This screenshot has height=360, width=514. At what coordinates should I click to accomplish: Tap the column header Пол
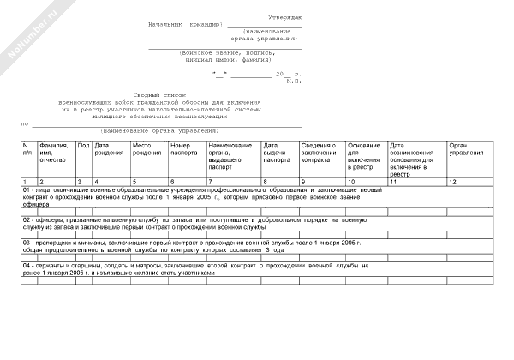(83, 147)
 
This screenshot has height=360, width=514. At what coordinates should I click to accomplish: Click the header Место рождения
(146, 151)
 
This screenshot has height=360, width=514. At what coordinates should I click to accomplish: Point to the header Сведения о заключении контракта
(319, 153)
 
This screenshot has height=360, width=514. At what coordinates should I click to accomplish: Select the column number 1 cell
(25, 182)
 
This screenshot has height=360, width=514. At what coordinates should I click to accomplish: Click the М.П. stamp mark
(294, 81)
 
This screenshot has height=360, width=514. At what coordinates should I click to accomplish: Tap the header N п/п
(26, 151)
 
